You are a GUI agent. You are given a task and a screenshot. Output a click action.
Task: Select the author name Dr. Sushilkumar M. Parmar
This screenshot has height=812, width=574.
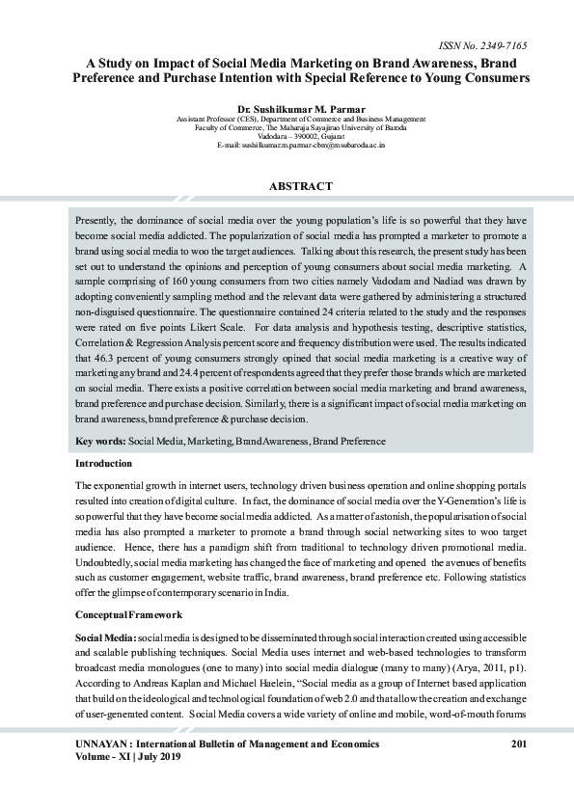pyautogui.click(x=301, y=111)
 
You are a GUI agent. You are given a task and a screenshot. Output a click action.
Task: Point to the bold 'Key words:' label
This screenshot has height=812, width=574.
pyautogui.click(x=100, y=441)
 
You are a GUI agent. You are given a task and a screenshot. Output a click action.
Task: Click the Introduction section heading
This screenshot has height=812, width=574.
pyautogui.click(x=104, y=464)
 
